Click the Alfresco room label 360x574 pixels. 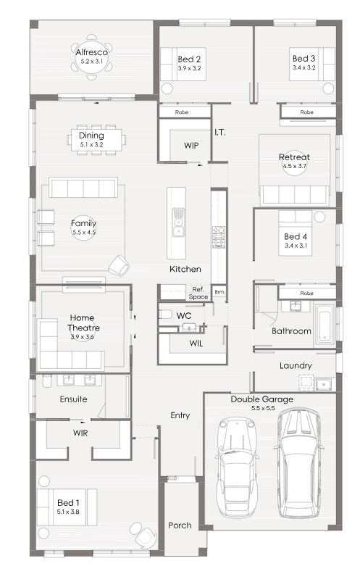(91, 52)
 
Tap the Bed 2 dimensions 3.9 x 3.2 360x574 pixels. (190, 68)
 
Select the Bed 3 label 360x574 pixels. (304, 59)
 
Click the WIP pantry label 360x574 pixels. (191, 146)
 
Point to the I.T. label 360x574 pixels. (220, 133)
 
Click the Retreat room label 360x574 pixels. (295, 157)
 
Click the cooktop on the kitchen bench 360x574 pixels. (219, 237)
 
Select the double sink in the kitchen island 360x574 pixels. (178, 222)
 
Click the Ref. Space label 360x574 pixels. (198, 294)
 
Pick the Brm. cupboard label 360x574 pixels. (220, 292)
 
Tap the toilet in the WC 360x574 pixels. (165, 314)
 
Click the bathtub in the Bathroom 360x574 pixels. (325, 324)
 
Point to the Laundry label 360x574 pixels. (296, 365)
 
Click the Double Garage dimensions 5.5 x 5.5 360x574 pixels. (263, 408)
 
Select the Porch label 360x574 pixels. (180, 525)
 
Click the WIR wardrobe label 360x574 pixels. (80, 433)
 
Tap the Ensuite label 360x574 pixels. (74, 399)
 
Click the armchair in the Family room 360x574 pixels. (119, 265)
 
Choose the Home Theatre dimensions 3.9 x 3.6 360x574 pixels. (83, 337)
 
